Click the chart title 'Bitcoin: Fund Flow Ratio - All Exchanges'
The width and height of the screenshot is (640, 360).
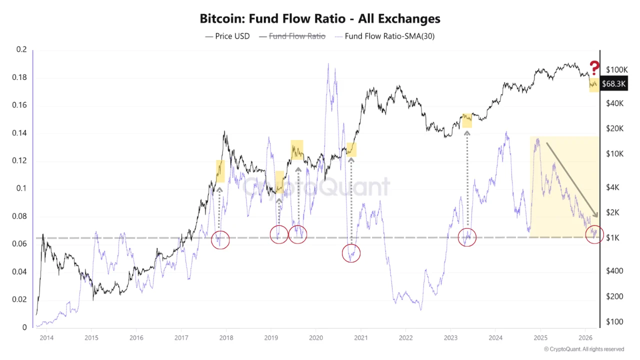point(320,19)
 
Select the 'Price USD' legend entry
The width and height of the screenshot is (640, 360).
point(227,36)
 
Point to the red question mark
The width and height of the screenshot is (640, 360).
point(594,67)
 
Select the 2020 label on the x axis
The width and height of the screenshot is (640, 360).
point(315,338)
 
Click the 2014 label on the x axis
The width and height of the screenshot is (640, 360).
point(46,338)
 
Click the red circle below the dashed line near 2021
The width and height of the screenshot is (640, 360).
point(351,253)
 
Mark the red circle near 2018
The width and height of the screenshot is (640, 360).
point(220,240)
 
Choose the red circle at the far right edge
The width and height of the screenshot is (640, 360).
point(594,234)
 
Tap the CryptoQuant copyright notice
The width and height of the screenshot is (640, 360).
point(583,349)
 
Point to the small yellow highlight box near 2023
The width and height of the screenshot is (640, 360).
point(467,120)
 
